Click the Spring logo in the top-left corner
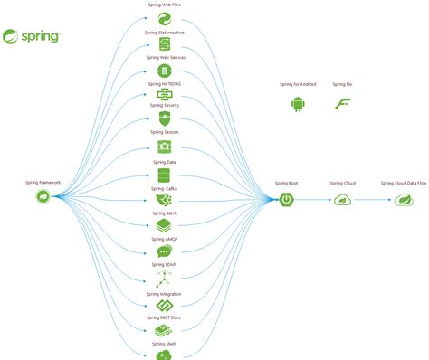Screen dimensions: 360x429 click(33, 37)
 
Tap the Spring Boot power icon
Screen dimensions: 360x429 click(286, 198)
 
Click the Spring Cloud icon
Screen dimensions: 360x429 click(342, 199)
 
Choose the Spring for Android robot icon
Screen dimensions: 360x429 click(298, 104)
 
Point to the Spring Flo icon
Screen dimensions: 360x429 click(341, 104)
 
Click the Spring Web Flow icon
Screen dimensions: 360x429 click(164, 18)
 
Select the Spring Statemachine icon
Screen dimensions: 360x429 click(164, 43)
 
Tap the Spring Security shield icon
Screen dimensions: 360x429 click(164, 118)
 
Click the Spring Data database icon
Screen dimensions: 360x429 click(164, 174)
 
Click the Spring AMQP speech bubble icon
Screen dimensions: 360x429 click(164, 251)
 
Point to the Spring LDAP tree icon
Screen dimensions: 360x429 click(164, 279)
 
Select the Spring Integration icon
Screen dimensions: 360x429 click(164, 306)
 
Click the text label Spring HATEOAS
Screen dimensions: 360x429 click(164, 83)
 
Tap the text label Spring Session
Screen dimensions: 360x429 click(164, 132)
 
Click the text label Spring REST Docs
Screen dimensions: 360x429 click(164, 318)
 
